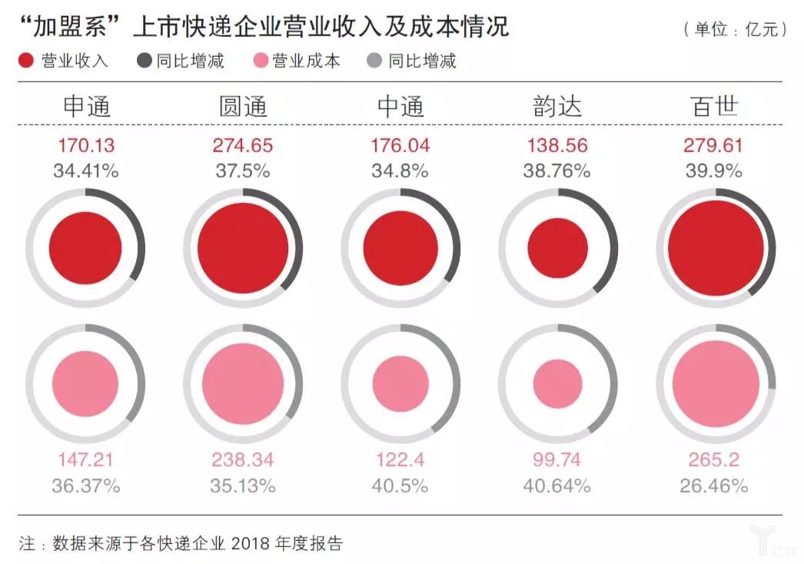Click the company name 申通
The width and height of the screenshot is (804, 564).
pos(85,106)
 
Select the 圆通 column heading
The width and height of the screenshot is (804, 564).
pos(243,106)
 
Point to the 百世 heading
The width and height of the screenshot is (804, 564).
pos(714,106)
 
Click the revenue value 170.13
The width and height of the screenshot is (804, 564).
pos(85,145)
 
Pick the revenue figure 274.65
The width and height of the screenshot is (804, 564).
pos(243,145)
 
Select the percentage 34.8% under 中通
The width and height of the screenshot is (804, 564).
pos(400,171)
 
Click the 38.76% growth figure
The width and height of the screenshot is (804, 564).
pos(557,171)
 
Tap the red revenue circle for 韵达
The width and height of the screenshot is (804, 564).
pos(558,248)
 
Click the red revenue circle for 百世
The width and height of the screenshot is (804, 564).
pos(716,248)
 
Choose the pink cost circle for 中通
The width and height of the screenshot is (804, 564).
pos(400,384)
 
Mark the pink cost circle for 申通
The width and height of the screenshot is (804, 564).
pos(85,384)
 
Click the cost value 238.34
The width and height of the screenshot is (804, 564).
pos(243,460)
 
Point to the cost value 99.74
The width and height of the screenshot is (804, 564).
pos(557,460)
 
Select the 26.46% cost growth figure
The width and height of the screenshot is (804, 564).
pos(714,486)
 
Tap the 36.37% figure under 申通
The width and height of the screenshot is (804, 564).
pos(85,486)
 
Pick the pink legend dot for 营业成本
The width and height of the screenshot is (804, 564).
pos(260,61)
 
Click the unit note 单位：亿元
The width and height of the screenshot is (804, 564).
pos(736,30)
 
